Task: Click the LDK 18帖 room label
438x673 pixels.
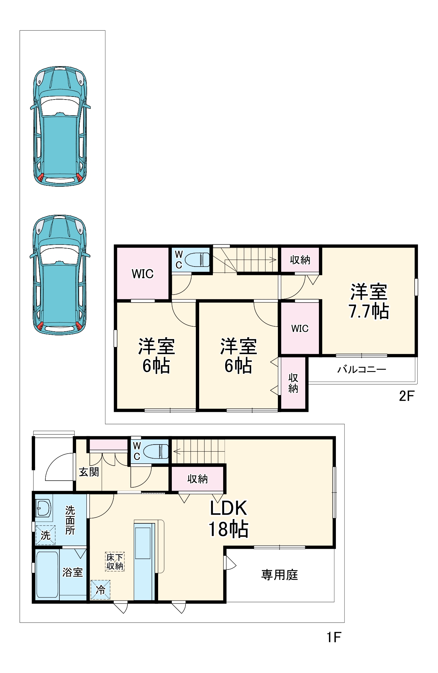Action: tap(229, 519)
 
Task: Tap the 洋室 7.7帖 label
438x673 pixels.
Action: tap(369, 302)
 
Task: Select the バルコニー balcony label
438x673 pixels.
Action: tap(362, 369)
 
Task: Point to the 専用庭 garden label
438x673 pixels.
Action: tap(279, 575)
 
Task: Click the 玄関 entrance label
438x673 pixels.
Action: tap(89, 472)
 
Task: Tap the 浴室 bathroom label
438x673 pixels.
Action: tap(72, 572)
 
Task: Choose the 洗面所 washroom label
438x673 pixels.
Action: tap(70, 520)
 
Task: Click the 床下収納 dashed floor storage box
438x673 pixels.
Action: tap(115, 561)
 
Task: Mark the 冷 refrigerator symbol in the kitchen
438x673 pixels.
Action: tap(100, 590)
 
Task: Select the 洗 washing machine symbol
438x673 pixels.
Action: tap(45, 535)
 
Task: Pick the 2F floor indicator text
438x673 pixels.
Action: tap(406, 396)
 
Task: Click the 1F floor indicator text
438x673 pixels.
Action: tap(334, 637)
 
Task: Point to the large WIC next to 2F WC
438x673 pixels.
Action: tap(142, 274)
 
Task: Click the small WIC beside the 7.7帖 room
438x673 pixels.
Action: tap(300, 329)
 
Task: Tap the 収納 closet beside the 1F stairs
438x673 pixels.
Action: tap(197, 479)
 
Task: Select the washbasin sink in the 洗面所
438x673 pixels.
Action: tap(43, 508)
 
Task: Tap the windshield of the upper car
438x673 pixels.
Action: tap(60, 106)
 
